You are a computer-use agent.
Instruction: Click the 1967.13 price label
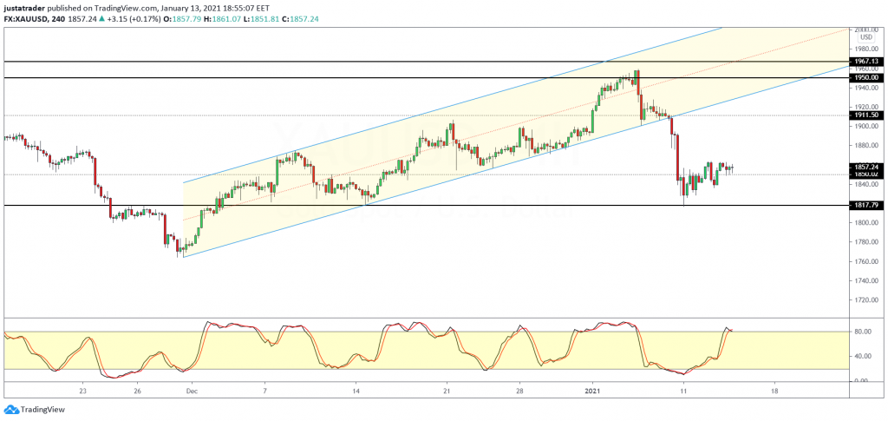pyautogui.click(x=865, y=62)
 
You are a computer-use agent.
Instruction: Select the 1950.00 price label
pyautogui.click(x=865, y=78)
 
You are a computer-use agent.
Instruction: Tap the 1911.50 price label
pyautogui.click(x=865, y=115)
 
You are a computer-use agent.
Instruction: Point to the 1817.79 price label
pyautogui.click(x=865, y=205)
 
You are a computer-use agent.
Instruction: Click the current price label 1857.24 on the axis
pyautogui.click(x=865, y=166)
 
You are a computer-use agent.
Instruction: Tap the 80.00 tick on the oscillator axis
pyautogui.click(x=862, y=332)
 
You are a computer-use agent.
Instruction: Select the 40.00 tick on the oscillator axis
pyautogui.click(x=862, y=356)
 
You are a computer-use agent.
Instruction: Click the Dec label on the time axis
pyautogui.click(x=193, y=391)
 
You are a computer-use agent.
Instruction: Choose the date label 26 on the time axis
pyautogui.click(x=138, y=391)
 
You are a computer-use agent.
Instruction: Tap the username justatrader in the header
pyautogui.click(x=27, y=6)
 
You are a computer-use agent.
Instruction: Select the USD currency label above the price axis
pyautogui.click(x=865, y=37)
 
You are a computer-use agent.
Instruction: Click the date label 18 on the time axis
pyautogui.click(x=774, y=391)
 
